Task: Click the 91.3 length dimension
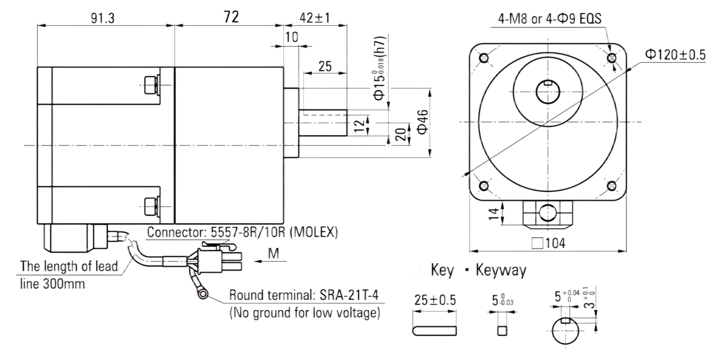point(103,18)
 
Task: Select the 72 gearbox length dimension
point(231,17)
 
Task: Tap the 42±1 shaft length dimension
point(315,18)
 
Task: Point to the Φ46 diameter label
point(423,122)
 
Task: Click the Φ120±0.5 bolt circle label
point(675,54)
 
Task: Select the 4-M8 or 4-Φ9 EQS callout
point(549,19)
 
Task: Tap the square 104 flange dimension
point(549,243)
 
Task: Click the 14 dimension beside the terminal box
point(493,213)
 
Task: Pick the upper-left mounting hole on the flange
point(484,58)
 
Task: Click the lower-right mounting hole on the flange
point(612,186)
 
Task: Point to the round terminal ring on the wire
point(203,294)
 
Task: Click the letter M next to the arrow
point(274,254)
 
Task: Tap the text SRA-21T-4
point(349,295)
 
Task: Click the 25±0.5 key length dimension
point(435,300)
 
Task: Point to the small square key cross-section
point(502,331)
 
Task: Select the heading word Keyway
point(501,270)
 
